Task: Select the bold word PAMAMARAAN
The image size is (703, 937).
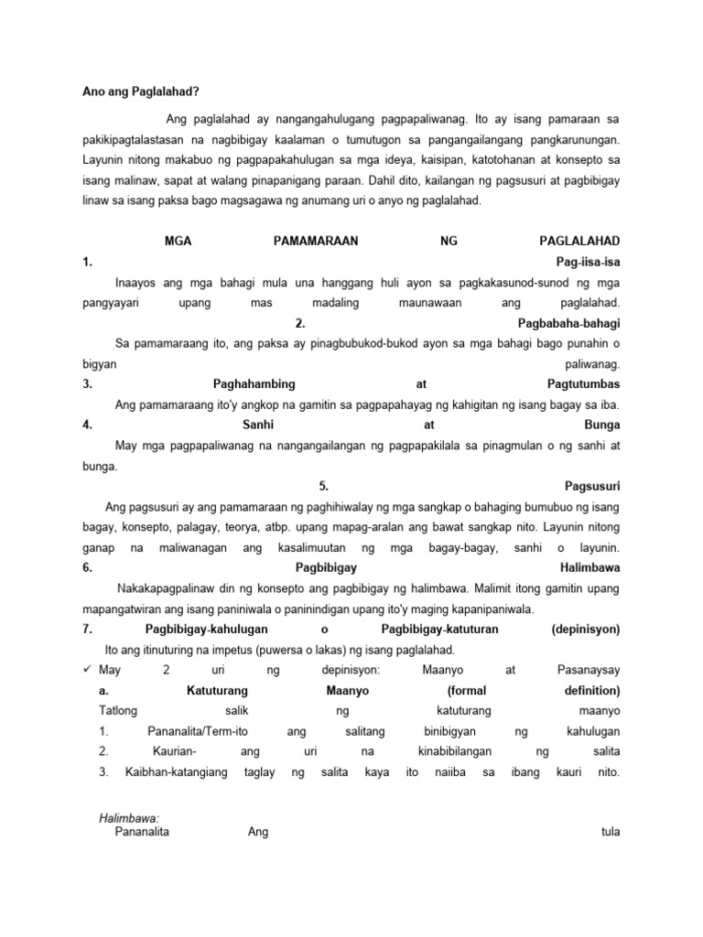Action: (316, 242)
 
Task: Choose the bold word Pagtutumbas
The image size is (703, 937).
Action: (582, 384)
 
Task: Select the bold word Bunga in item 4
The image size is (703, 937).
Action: (601, 425)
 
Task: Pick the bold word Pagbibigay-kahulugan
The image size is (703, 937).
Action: (199, 630)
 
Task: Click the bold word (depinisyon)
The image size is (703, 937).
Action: (586, 630)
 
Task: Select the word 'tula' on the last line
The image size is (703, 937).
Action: (607, 833)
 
